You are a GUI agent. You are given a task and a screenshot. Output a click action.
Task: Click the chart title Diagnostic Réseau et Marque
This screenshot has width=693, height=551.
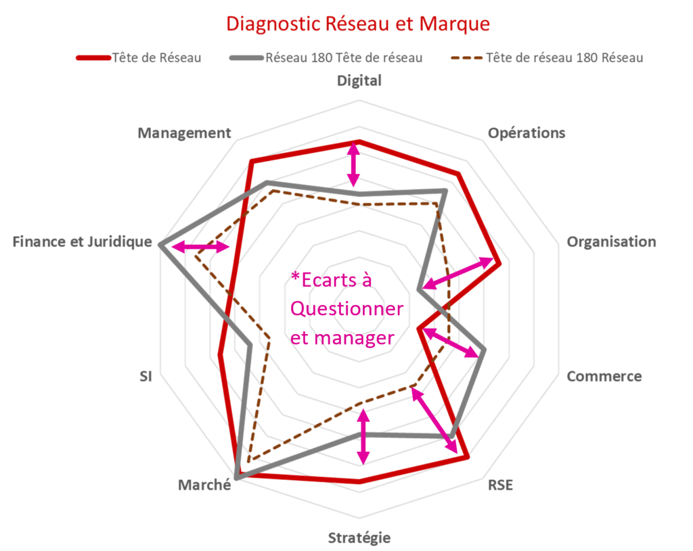pos(358,24)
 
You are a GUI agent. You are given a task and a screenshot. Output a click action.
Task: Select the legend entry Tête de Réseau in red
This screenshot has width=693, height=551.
pos(139,58)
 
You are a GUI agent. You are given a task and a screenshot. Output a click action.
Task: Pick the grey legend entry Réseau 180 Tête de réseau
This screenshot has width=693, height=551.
pos(326,58)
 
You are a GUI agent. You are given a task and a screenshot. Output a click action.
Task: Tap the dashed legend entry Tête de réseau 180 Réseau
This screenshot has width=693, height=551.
pos(547,58)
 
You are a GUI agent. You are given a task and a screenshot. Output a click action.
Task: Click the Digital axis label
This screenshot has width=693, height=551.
pos(359,81)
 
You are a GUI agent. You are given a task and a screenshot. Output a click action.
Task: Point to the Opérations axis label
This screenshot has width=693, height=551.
pos(527,133)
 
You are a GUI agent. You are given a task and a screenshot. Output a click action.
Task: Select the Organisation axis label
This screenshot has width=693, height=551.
pos(612,242)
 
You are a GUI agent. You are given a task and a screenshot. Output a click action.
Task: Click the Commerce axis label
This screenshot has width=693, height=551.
pos(604,376)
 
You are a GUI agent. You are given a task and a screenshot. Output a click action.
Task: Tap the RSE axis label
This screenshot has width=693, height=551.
pos(500,485)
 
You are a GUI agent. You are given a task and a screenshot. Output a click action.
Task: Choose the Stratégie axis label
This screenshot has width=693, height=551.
pos(359,537)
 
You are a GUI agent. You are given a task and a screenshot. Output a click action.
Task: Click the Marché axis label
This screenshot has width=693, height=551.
pos(204,485)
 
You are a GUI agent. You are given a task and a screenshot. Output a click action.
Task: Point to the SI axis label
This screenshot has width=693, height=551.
pos(146,376)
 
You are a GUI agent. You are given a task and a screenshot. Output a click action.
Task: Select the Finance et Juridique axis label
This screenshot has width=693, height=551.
pos(82,242)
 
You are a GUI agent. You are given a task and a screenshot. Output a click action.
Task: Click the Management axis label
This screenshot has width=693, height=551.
pos(184,133)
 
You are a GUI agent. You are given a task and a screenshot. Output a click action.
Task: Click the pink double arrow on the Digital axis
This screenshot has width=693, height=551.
pos(353,165)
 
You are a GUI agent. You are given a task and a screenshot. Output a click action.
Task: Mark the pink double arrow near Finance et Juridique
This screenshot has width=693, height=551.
pos(200,247)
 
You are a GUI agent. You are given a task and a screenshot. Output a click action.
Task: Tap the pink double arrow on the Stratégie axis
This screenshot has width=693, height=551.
pos(363,437)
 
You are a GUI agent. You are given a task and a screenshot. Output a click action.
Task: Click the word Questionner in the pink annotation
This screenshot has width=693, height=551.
pos(346,308)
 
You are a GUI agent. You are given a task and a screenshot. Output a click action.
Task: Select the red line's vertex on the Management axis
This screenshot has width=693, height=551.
pos(252,161)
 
